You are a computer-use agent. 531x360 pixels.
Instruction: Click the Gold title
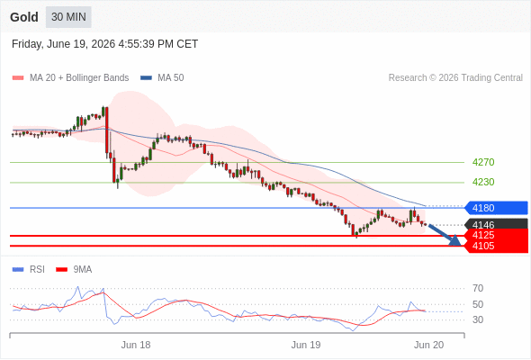point(24,17)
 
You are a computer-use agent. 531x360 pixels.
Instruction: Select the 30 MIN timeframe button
point(68,17)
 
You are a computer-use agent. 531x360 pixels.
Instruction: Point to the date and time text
point(104,44)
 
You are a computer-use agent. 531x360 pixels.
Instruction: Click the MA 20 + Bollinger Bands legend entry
point(70,77)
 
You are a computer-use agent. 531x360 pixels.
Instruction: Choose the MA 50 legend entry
point(162,77)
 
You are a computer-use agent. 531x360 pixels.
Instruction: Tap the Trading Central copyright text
point(455,77)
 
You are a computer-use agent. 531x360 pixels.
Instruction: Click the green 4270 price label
point(483,162)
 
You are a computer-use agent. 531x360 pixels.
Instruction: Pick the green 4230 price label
point(483,182)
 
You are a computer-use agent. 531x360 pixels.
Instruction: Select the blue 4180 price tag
point(496,208)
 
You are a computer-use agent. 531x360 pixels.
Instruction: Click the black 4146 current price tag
point(496,224)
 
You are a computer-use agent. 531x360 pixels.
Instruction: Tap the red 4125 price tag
point(496,235)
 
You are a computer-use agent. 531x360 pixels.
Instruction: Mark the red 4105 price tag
point(496,247)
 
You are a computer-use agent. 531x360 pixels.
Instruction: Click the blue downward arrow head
point(455,240)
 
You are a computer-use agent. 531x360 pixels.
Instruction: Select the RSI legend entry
point(29,270)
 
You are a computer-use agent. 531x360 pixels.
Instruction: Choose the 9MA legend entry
point(74,270)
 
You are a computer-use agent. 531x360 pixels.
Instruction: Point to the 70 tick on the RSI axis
point(478,288)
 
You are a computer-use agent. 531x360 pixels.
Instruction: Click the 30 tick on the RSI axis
point(478,319)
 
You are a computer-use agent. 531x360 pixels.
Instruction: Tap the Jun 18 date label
point(136,345)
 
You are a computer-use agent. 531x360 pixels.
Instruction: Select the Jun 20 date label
point(428,345)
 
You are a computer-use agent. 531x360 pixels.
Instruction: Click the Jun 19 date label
point(306,345)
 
